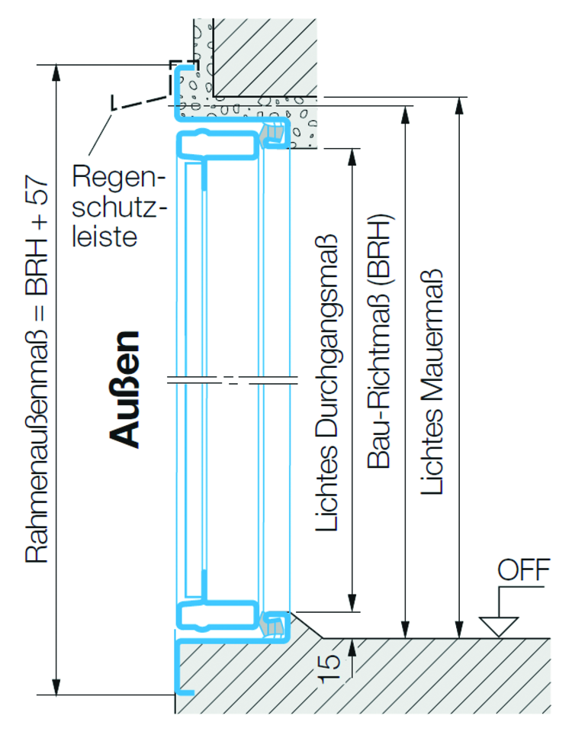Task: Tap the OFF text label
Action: point(523,570)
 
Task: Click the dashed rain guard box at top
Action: point(183,78)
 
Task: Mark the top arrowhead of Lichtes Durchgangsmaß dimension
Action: point(352,155)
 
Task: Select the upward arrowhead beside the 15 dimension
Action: point(352,647)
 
